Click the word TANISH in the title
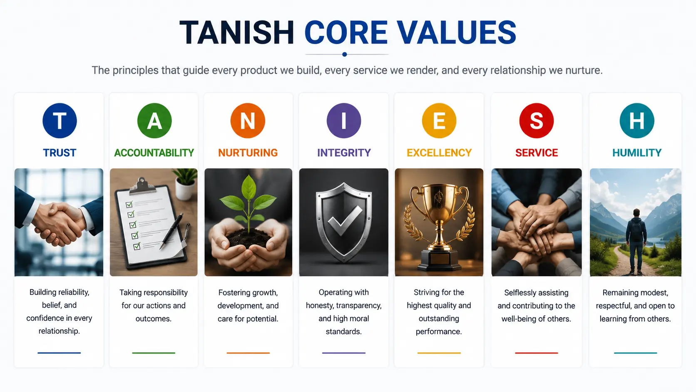237,32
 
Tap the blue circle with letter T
60,121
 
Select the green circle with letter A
154,121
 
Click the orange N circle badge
248,121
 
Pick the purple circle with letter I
344,121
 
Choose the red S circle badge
536,121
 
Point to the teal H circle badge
636,121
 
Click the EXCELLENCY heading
439,152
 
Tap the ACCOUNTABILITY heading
154,152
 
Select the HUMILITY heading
636,152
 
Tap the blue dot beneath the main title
344,55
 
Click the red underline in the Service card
536,353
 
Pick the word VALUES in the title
457,32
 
